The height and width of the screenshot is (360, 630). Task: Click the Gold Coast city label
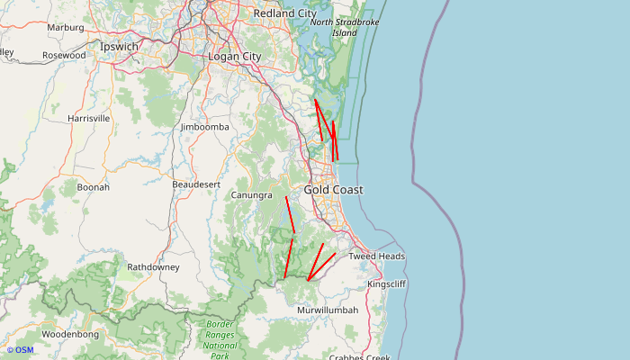(x=333, y=190)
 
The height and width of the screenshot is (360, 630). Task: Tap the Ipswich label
(x=120, y=46)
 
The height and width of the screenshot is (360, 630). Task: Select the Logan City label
(x=234, y=57)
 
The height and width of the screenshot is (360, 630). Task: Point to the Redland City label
(x=285, y=13)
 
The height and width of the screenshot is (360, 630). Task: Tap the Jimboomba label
(x=204, y=127)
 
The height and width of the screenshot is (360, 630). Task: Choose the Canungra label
(x=251, y=195)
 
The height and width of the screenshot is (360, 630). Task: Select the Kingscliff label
(x=387, y=284)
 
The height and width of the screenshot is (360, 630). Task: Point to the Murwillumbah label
(x=328, y=310)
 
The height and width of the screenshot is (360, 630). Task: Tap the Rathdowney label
(x=153, y=267)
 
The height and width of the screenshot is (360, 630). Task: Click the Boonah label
(x=93, y=187)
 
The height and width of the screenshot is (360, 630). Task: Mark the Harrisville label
(x=88, y=118)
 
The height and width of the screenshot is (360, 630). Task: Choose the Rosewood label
(x=64, y=56)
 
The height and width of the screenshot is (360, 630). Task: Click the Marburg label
(x=65, y=28)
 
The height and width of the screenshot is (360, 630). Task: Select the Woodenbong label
(x=69, y=334)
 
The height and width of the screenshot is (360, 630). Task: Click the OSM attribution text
(x=20, y=350)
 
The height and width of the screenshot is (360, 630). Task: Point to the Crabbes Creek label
(x=360, y=357)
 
